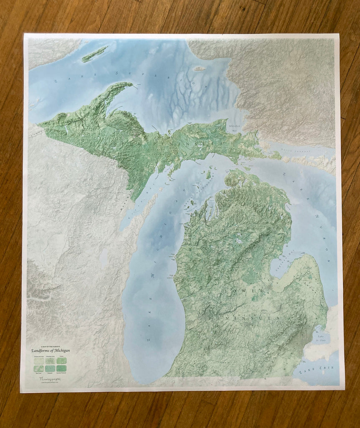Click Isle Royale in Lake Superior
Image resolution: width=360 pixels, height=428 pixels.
click(95, 54)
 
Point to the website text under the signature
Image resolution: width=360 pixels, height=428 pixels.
click(46, 381)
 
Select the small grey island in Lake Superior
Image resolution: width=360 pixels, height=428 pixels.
click(200, 69)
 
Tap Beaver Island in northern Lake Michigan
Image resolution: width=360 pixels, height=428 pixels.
click(208, 174)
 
